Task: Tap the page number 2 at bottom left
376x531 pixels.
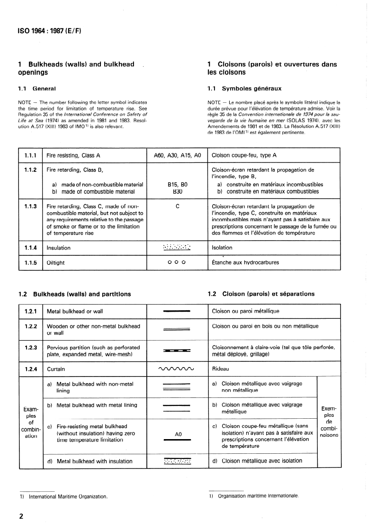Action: coord(21,515)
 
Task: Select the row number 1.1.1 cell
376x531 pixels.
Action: coord(30,155)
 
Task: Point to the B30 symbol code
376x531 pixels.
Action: coord(176,191)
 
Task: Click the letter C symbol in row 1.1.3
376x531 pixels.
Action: coord(176,206)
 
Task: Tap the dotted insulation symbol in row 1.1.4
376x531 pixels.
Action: coord(176,247)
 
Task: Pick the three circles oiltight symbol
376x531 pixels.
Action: coord(176,262)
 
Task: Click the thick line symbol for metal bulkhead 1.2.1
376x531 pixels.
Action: coord(176,311)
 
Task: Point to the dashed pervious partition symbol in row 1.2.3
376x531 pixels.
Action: coord(176,351)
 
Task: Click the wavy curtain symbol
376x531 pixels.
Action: coord(176,369)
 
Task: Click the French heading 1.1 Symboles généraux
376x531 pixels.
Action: coord(244,88)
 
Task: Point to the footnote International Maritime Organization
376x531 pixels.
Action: coord(68,497)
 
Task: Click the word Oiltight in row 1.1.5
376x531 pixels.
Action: coord(55,262)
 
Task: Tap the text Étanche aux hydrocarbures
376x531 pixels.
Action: coord(245,262)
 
